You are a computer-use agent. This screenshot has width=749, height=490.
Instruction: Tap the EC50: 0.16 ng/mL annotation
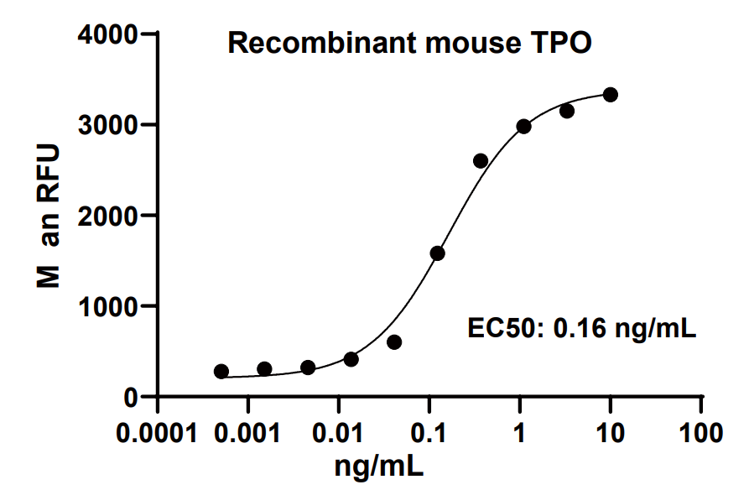pyautogui.click(x=582, y=328)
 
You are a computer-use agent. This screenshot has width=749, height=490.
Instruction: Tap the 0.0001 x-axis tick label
pyautogui.click(x=158, y=434)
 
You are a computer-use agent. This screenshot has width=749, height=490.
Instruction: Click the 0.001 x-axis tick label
pyautogui.click(x=248, y=434)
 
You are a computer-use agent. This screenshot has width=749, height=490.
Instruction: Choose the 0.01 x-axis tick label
pyautogui.click(x=339, y=434)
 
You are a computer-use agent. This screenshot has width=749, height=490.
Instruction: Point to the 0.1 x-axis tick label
pyautogui.click(x=429, y=434)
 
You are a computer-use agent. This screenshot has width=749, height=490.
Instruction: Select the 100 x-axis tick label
pyautogui.click(x=701, y=434)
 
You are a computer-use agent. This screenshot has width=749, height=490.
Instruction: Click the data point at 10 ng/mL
pyautogui.click(x=611, y=95)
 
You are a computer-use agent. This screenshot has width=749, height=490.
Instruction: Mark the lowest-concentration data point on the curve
pyautogui.click(x=221, y=372)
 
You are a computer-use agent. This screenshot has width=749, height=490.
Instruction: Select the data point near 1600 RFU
pyautogui.click(x=437, y=253)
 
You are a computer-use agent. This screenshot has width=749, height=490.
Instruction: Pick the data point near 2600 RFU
pyautogui.click(x=481, y=161)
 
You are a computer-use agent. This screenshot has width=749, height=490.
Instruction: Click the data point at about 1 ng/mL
pyautogui.click(x=523, y=127)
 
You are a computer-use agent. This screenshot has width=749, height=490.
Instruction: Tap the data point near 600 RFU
pyautogui.click(x=394, y=342)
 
